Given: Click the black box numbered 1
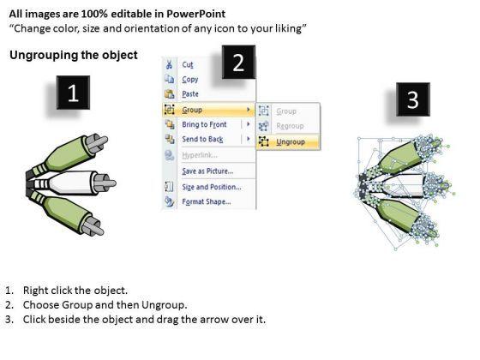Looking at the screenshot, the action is [x=73, y=93].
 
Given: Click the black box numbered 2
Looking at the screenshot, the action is [x=238, y=62].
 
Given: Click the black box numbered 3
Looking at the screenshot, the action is [x=413, y=99].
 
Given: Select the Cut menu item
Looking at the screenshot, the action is [x=188, y=64].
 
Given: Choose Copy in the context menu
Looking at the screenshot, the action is [x=190, y=79].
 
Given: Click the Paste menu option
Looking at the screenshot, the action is [x=190, y=94].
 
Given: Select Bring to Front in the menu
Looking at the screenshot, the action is [x=204, y=124].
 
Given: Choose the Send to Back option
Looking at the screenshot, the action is [x=202, y=139].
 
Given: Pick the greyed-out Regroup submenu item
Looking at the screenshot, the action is [x=290, y=126].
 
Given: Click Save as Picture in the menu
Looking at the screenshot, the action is [x=207, y=171].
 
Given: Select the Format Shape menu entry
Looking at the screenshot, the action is [x=207, y=201].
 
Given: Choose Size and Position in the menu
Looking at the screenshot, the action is [x=212, y=187].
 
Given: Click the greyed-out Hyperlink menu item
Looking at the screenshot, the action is [x=200, y=155].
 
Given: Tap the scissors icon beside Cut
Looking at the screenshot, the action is [x=169, y=64].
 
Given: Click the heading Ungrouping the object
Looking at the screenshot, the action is [x=74, y=55].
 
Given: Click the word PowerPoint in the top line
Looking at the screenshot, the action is [x=196, y=14].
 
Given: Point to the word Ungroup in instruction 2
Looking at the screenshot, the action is [x=164, y=305].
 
